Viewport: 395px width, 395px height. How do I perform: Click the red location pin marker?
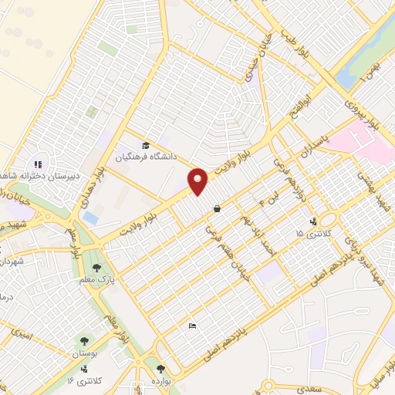pos(198,181)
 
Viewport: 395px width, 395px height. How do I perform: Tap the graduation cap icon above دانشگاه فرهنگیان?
pos(145,145)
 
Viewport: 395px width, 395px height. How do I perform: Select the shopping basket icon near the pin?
pos(218,208)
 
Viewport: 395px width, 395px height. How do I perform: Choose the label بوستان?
pos(86,353)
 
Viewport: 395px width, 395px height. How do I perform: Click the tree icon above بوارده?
pos(160,370)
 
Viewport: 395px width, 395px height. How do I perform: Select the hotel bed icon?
pos(192,327)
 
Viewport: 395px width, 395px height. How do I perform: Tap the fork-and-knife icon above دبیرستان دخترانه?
pos(37,164)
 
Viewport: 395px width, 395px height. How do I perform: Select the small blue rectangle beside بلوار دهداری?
pos(90,218)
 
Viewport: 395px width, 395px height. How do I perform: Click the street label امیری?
pos(22,333)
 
